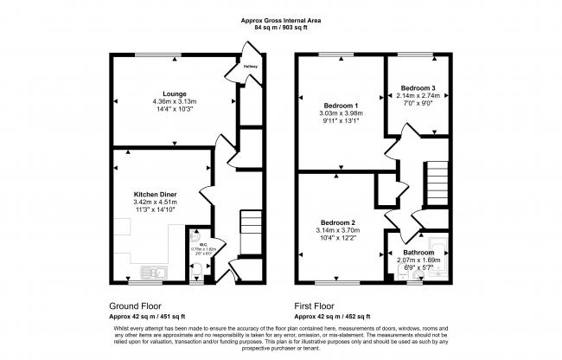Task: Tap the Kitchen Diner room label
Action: pos(156,194)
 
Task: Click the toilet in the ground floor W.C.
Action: pos(197,273)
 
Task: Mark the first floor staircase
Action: pos(437,179)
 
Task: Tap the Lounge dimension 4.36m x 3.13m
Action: pos(174,100)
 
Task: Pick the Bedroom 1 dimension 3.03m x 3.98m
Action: pos(335,112)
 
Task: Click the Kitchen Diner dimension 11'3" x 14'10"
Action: pos(156,210)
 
